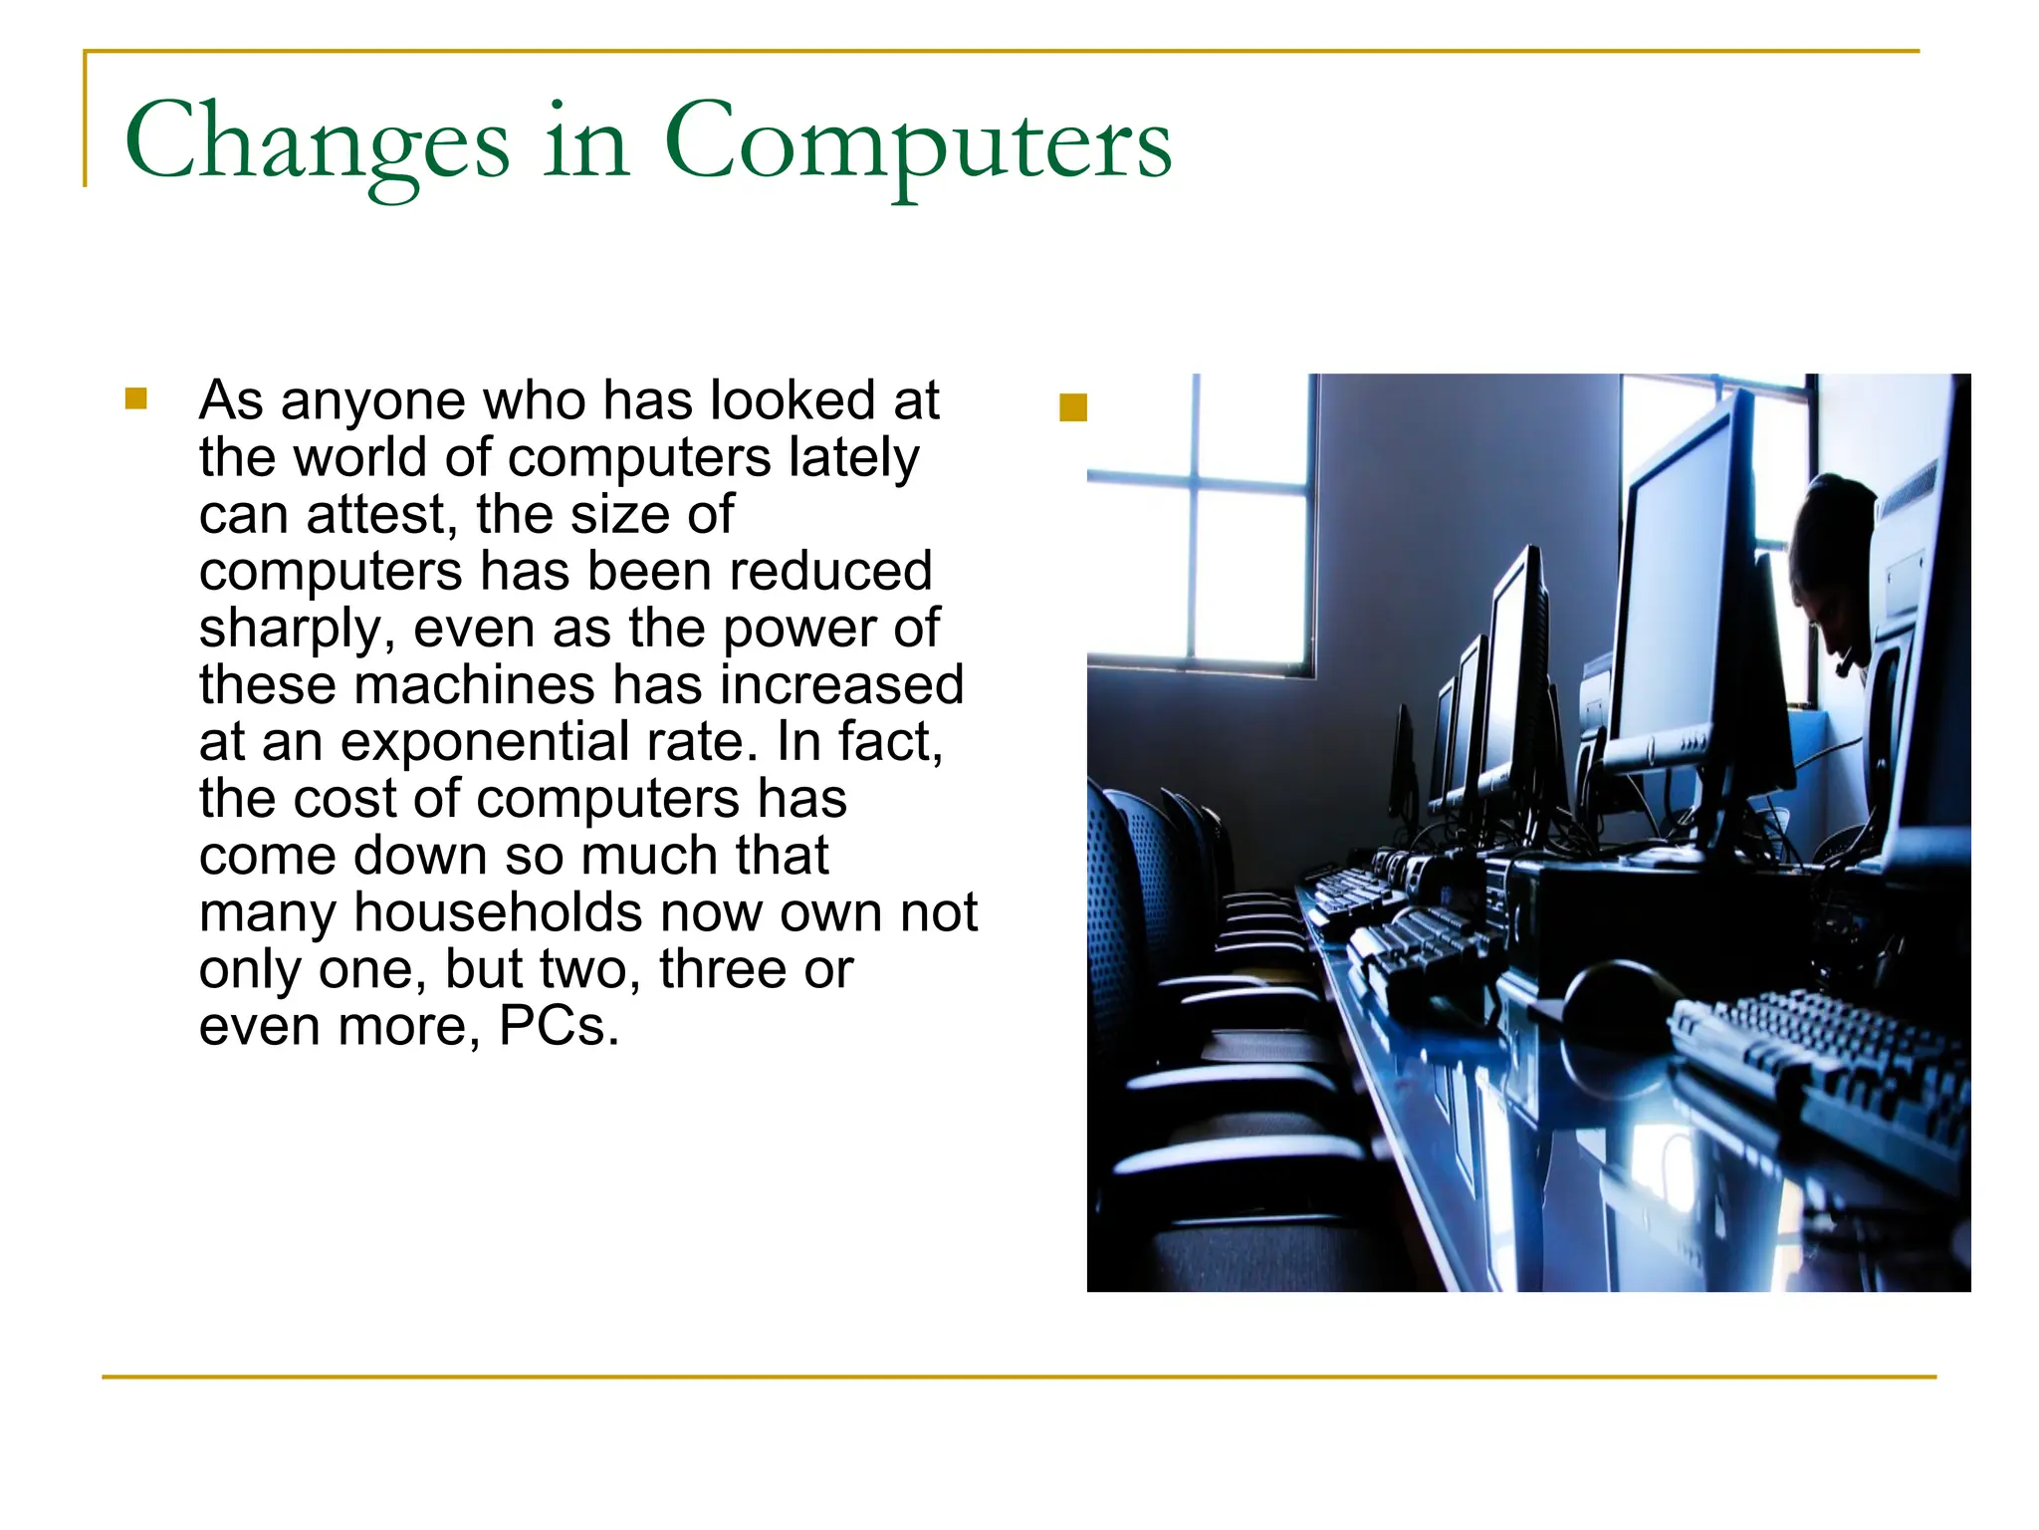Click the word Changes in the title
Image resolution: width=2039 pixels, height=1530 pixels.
[317, 142]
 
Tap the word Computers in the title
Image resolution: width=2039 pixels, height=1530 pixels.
[917, 142]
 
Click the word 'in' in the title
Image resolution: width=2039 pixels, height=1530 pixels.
[586, 142]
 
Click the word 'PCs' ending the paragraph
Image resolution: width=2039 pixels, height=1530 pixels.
[558, 1027]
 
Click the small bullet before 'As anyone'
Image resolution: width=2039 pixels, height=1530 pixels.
[136, 399]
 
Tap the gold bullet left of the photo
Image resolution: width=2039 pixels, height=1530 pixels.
[1072, 408]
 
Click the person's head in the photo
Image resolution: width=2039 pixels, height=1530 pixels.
[1832, 558]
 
